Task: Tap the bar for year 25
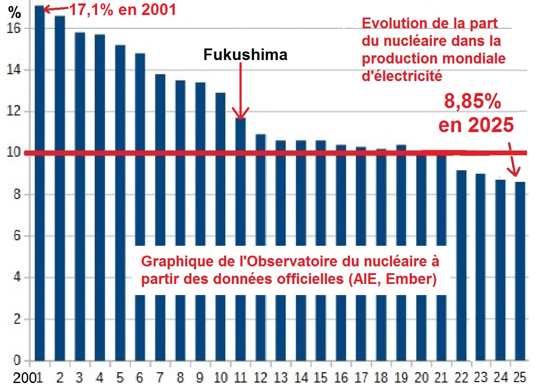click(520, 270)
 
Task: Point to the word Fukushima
click(245, 54)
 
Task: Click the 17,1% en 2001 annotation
click(123, 9)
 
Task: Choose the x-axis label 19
click(401, 378)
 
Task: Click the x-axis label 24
click(500, 378)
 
